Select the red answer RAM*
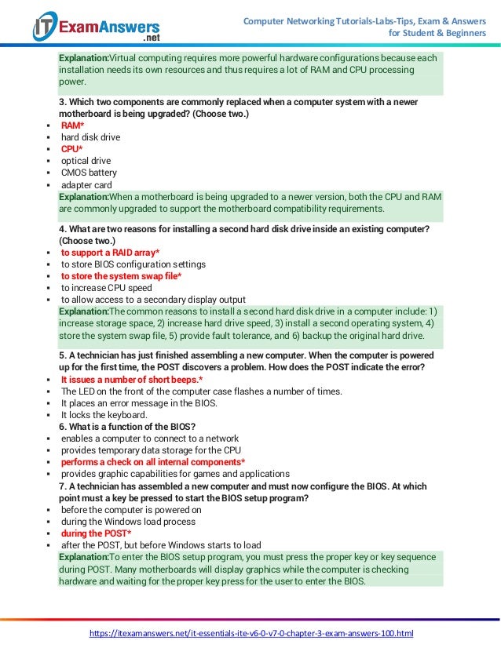(x=73, y=126)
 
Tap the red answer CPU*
(x=73, y=149)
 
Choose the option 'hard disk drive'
(x=91, y=137)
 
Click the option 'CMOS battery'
(x=89, y=173)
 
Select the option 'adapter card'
(x=86, y=185)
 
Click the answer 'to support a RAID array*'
(x=110, y=253)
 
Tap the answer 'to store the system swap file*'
(x=122, y=276)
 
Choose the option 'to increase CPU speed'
(x=107, y=288)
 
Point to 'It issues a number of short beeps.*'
(x=132, y=380)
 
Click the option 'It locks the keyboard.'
(x=104, y=415)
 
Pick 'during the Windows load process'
(x=128, y=522)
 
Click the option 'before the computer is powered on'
(x=131, y=510)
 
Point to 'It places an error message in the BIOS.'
(x=139, y=403)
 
